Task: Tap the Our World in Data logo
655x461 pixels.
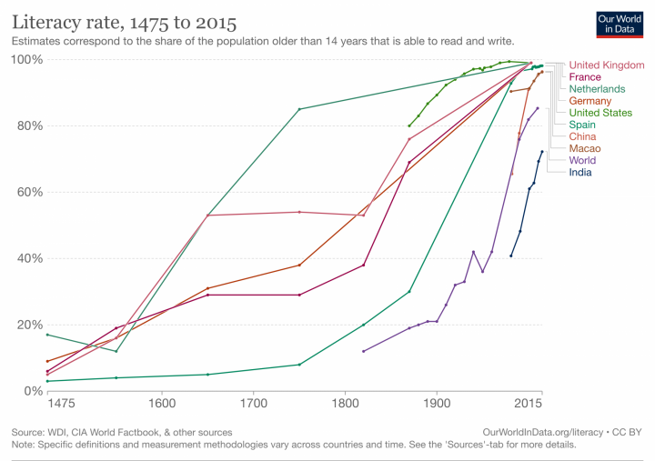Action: [x=619, y=23]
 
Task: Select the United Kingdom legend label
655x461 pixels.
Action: [x=606, y=65]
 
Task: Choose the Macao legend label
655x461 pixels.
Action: [x=585, y=148]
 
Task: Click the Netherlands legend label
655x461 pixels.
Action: [x=597, y=89]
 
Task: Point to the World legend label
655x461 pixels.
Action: [x=584, y=160]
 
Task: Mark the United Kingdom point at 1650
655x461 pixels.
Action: [x=208, y=215]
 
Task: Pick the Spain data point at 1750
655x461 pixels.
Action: [x=299, y=365]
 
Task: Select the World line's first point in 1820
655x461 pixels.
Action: [x=363, y=351]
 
